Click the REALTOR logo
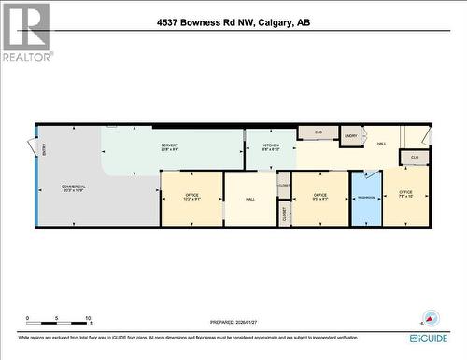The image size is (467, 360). click(x=25, y=33)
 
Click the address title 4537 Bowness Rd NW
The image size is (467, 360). click(x=233, y=21)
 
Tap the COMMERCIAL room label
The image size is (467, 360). click(x=73, y=189)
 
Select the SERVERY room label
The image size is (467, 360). click(x=169, y=146)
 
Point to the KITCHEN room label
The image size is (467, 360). click(x=271, y=146)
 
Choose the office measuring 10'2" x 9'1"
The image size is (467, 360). click(x=191, y=197)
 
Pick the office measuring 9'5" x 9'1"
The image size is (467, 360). click(x=319, y=197)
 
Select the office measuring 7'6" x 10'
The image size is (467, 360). click(x=405, y=194)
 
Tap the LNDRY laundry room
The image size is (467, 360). click(x=351, y=137)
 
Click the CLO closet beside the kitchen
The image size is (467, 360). click(x=318, y=132)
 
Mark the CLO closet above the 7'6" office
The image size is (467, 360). click(x=415, y=158)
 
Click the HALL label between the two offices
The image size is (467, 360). click(x=250, y=199)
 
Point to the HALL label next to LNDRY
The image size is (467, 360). click(x=381, y=144)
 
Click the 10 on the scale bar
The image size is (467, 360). click(x=87, y=318)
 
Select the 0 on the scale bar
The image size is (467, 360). click(x=27, y=318)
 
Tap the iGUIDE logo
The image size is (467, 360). click(x=427, y=337)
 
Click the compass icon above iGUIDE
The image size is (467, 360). click(x=430, y=316)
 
